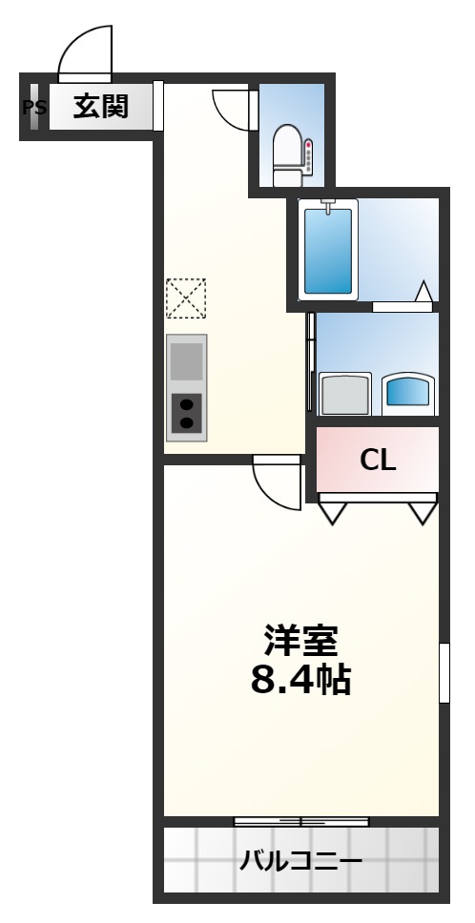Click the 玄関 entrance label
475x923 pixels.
[x=101, y=107]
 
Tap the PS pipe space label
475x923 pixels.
[x=33, y=108]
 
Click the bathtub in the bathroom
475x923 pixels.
[x=328, y=249]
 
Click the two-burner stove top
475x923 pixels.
[x=187, y=413]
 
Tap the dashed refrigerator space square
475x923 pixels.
[x=186, y=298]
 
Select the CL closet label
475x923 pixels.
[x=378, y=461]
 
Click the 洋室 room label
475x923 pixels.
[x=300, y=641]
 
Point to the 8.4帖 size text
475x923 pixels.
[x=300, y=679]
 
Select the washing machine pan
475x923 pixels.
[x=345, y=393]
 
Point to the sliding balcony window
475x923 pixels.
[x=301, y=821]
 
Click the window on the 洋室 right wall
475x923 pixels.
[x=444, y=673]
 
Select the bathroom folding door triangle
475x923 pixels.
[x=423, y=292]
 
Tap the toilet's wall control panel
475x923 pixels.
[x=308, y=156]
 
